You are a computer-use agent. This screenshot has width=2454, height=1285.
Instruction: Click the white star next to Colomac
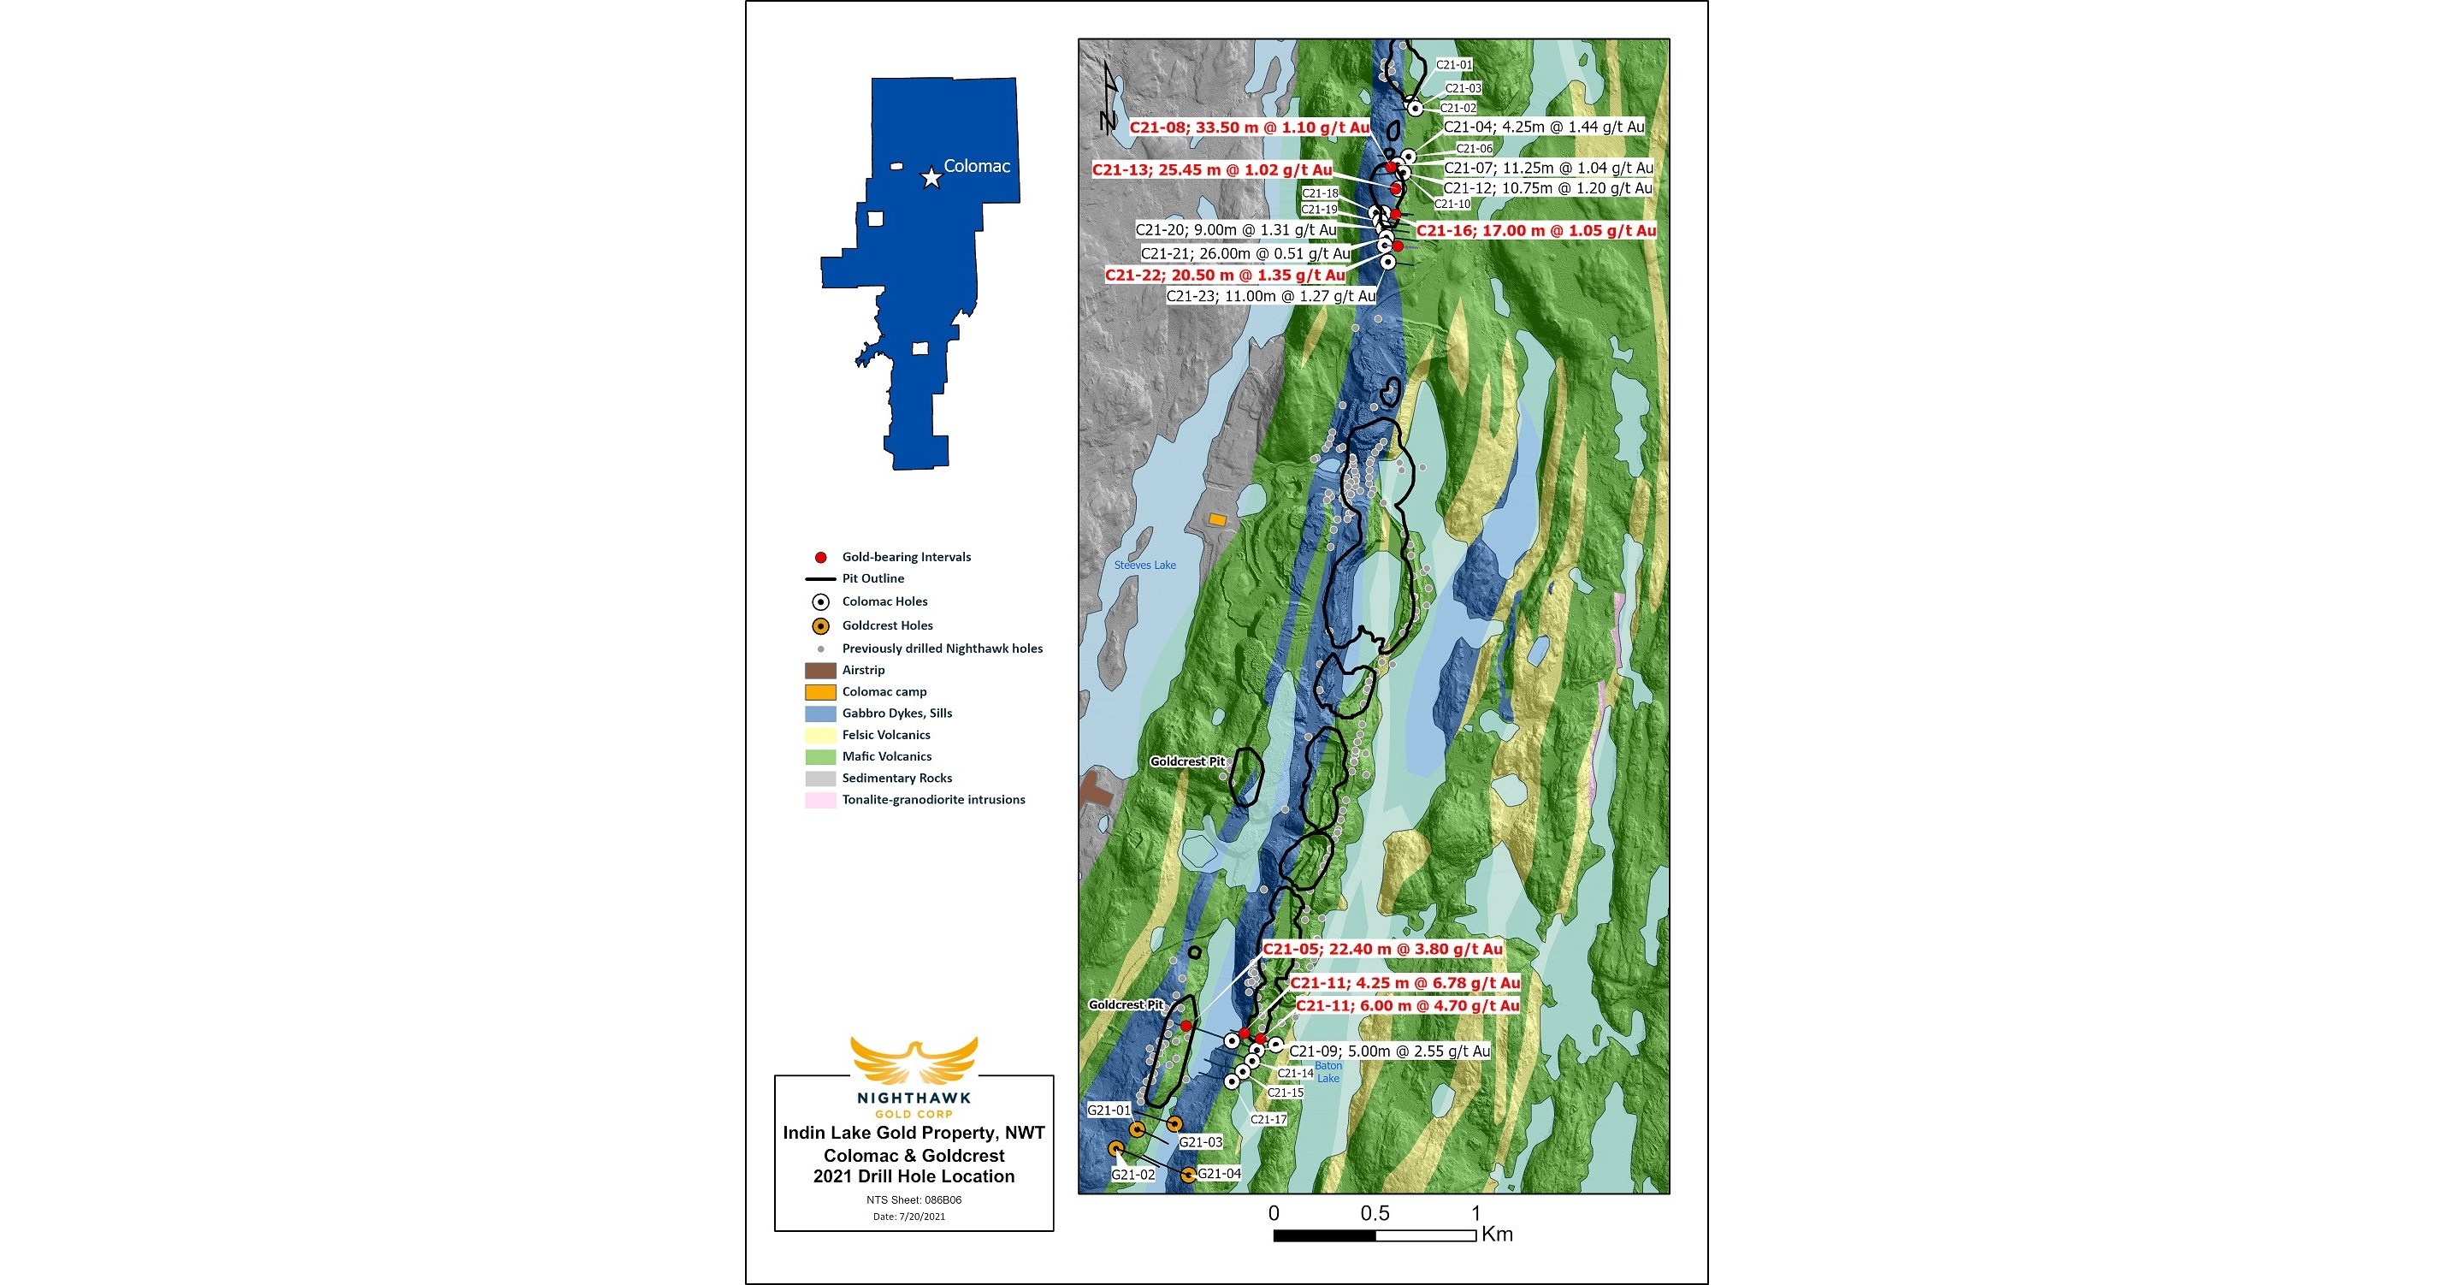pos(931,178)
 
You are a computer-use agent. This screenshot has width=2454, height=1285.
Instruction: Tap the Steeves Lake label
pos(1145,565)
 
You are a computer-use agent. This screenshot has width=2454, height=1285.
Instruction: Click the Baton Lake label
pos(1328,1072)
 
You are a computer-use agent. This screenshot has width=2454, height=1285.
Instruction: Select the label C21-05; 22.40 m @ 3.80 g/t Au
pos(1382,949)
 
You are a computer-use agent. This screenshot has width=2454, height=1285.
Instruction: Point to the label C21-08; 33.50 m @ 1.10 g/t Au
pos(1249,127)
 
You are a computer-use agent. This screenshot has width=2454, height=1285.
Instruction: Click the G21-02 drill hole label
pos(1132,1175)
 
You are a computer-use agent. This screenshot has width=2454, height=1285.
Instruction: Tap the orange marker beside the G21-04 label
pos(1188,1175)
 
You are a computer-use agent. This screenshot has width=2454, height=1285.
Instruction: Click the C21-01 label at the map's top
pos(1454,65)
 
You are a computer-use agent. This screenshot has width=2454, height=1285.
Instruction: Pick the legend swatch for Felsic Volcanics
pos(820,734)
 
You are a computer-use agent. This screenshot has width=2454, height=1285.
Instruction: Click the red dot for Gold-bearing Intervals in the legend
pos(820,557)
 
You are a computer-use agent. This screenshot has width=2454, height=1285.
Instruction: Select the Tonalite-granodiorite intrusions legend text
pos(932,799)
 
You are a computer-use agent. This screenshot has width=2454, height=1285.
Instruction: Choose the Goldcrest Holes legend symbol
pos(820,626)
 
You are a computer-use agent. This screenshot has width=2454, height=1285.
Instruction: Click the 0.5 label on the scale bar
pos(1374,1212)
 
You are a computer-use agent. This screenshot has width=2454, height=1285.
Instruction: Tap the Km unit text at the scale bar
pos(1497,1235)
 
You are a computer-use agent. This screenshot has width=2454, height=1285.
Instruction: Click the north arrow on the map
pos(1108,95)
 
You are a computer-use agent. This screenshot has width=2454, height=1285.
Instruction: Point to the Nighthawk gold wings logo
pos(914,1060)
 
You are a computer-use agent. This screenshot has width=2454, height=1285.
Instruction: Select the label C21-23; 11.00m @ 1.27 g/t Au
pos(1271,296)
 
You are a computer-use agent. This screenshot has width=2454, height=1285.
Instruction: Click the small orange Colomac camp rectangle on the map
pos(1217,520)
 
